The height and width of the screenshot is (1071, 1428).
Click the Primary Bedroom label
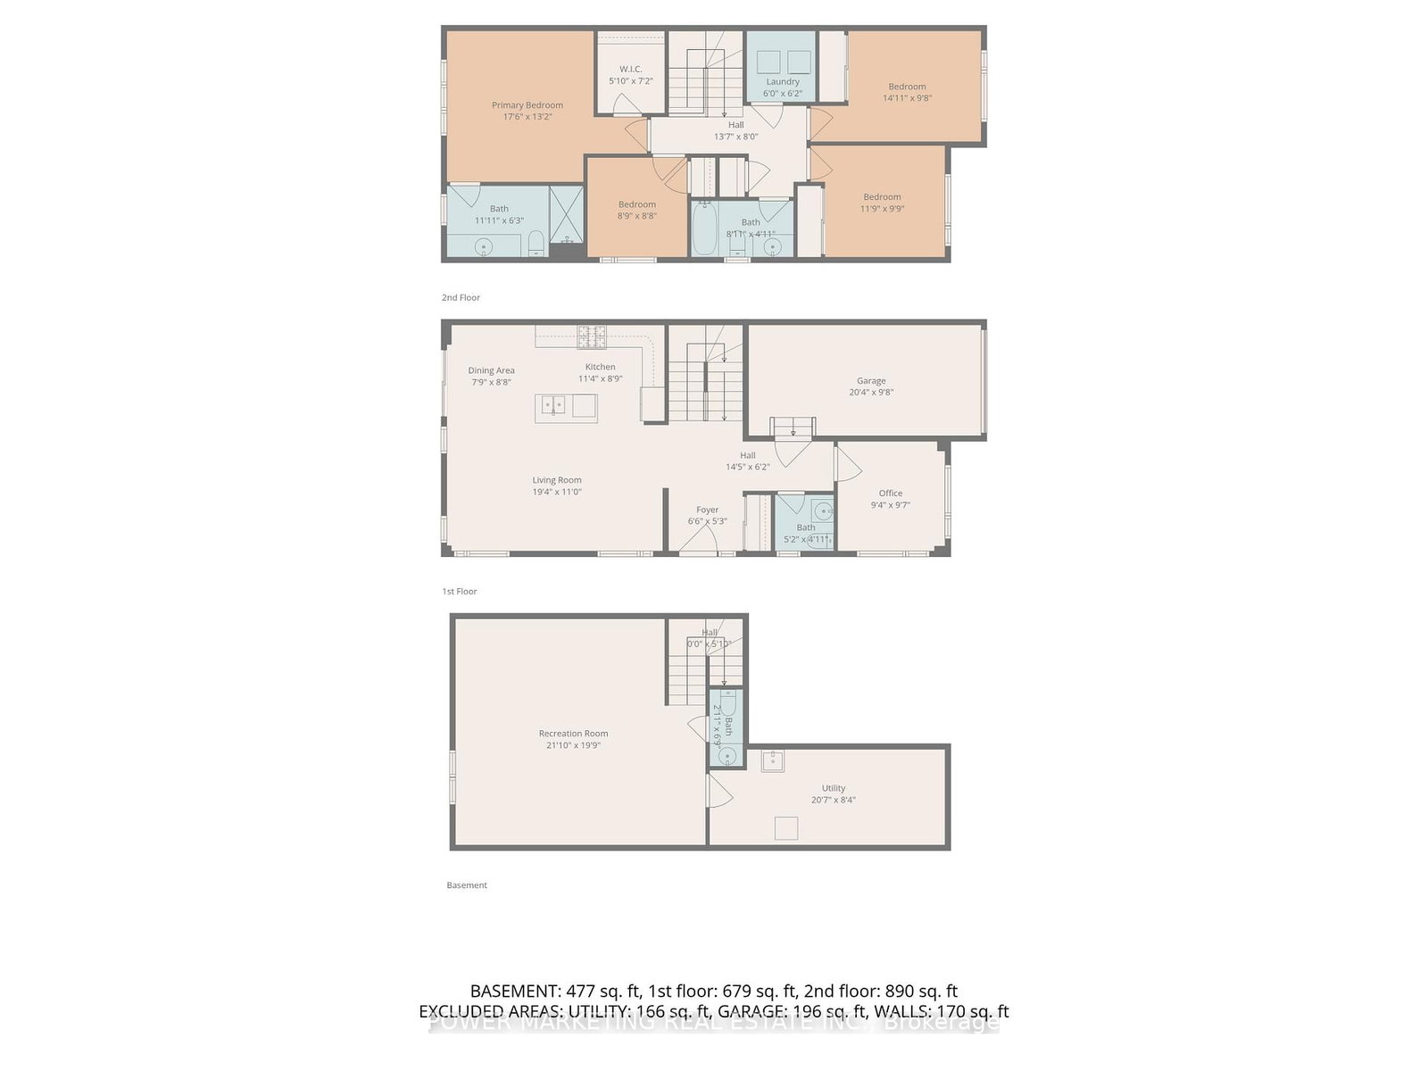tap(527, 105)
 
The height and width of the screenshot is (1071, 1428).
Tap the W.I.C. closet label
tap(630, 69)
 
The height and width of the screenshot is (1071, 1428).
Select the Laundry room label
tap(783, 81)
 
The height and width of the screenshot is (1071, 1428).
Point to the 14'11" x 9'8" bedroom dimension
tap(907, 98)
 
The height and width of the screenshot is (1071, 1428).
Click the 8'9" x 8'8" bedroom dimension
tap(637, 216)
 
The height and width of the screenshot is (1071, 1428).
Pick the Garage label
tap(871, 380)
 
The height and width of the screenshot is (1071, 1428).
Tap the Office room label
tap(890, 493)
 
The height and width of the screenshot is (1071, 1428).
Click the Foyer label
tap(707, 510)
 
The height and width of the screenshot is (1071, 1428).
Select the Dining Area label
tap(491, 370)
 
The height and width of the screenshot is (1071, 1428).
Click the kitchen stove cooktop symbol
tap(592, 336)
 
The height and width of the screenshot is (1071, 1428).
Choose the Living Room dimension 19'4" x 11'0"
tap(557, 492)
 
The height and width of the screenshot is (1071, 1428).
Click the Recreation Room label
tap(573, 734)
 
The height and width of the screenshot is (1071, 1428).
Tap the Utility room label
tap(834, 788)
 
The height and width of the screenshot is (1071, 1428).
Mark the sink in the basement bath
tap(727, 756)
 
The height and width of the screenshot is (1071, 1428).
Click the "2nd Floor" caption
tap(461, 297)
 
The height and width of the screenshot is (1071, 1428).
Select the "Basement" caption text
tap(467, 885)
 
